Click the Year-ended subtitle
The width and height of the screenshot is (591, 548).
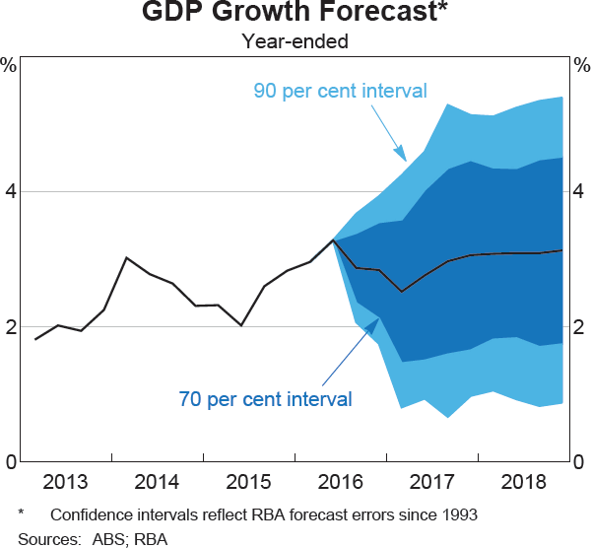click(x=295, y=41)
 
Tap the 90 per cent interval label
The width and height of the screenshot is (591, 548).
click(x=340, y=91)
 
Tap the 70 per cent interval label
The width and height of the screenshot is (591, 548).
click(x=265, y=399)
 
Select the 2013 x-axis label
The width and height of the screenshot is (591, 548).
click(x=64, y=483)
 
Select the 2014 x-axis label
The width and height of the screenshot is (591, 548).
click(x=156, y=483)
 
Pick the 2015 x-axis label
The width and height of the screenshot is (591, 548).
click(x=248, y=483)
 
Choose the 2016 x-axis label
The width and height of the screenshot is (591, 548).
click(x=340, y=483)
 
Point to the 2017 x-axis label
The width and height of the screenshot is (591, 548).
click(x=431, y=483)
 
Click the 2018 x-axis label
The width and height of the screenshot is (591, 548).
click(x=523, y=483)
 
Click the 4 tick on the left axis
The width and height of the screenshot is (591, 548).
click(x=10, y=191)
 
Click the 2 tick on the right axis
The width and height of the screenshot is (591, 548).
click(x=581, y=326)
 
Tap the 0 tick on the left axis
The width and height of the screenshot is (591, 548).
click(x=10, y=461)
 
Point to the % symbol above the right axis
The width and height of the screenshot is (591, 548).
click(x=581, y=66)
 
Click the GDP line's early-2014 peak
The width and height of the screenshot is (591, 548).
click(x=127, y=257)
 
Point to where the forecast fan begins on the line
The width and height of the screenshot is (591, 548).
click(x=334, y=240)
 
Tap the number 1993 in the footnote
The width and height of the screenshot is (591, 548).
click(x=458, y=514)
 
